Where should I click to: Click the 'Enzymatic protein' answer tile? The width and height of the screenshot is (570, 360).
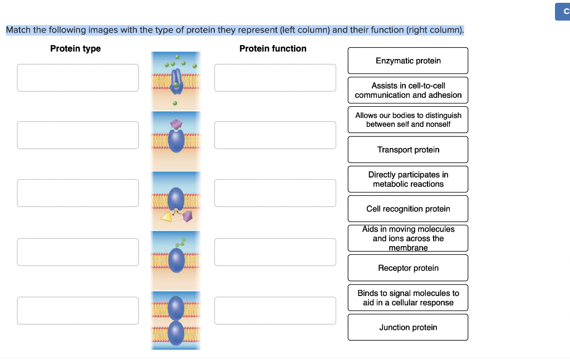[x=408, y=61]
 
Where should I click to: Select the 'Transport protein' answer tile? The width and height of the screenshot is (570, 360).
[x=408, y=150]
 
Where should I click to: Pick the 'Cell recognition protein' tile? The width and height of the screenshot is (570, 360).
[x=408, y=209]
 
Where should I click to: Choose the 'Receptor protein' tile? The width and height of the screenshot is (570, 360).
[x=408, y=268]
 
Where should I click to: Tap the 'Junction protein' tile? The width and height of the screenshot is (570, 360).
[x=408, y=327]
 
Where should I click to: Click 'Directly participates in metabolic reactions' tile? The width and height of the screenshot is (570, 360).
[x=408, y=179]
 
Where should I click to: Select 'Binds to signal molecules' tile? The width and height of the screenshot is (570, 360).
[x=408, y=298]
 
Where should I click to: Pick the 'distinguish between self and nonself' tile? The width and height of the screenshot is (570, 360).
[x=408, y=120]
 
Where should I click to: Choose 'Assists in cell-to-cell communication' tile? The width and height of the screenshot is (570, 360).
[x=408, y=90]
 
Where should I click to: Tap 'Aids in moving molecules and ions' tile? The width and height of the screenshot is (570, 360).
[x=408, y=238]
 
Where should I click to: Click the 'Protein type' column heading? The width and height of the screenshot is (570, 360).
[x=75, y=48]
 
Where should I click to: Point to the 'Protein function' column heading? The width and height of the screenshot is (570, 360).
[x=273, y=48]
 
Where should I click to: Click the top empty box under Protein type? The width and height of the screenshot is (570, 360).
[x=78, y=78]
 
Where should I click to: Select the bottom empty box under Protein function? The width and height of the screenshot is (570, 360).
[x=275, y=310]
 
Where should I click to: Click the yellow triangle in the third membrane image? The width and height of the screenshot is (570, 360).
[x=166, y=217]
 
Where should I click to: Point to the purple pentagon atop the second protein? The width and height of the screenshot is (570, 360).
[x=176, y=124]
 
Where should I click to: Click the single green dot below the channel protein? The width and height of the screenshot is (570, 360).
[x=175, y=103]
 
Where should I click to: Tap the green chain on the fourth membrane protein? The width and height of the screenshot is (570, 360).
[x=180, y=243]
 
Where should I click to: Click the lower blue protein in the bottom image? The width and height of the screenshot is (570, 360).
[x=176, y=333]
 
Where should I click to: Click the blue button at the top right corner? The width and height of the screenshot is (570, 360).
[x=562, y=12]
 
